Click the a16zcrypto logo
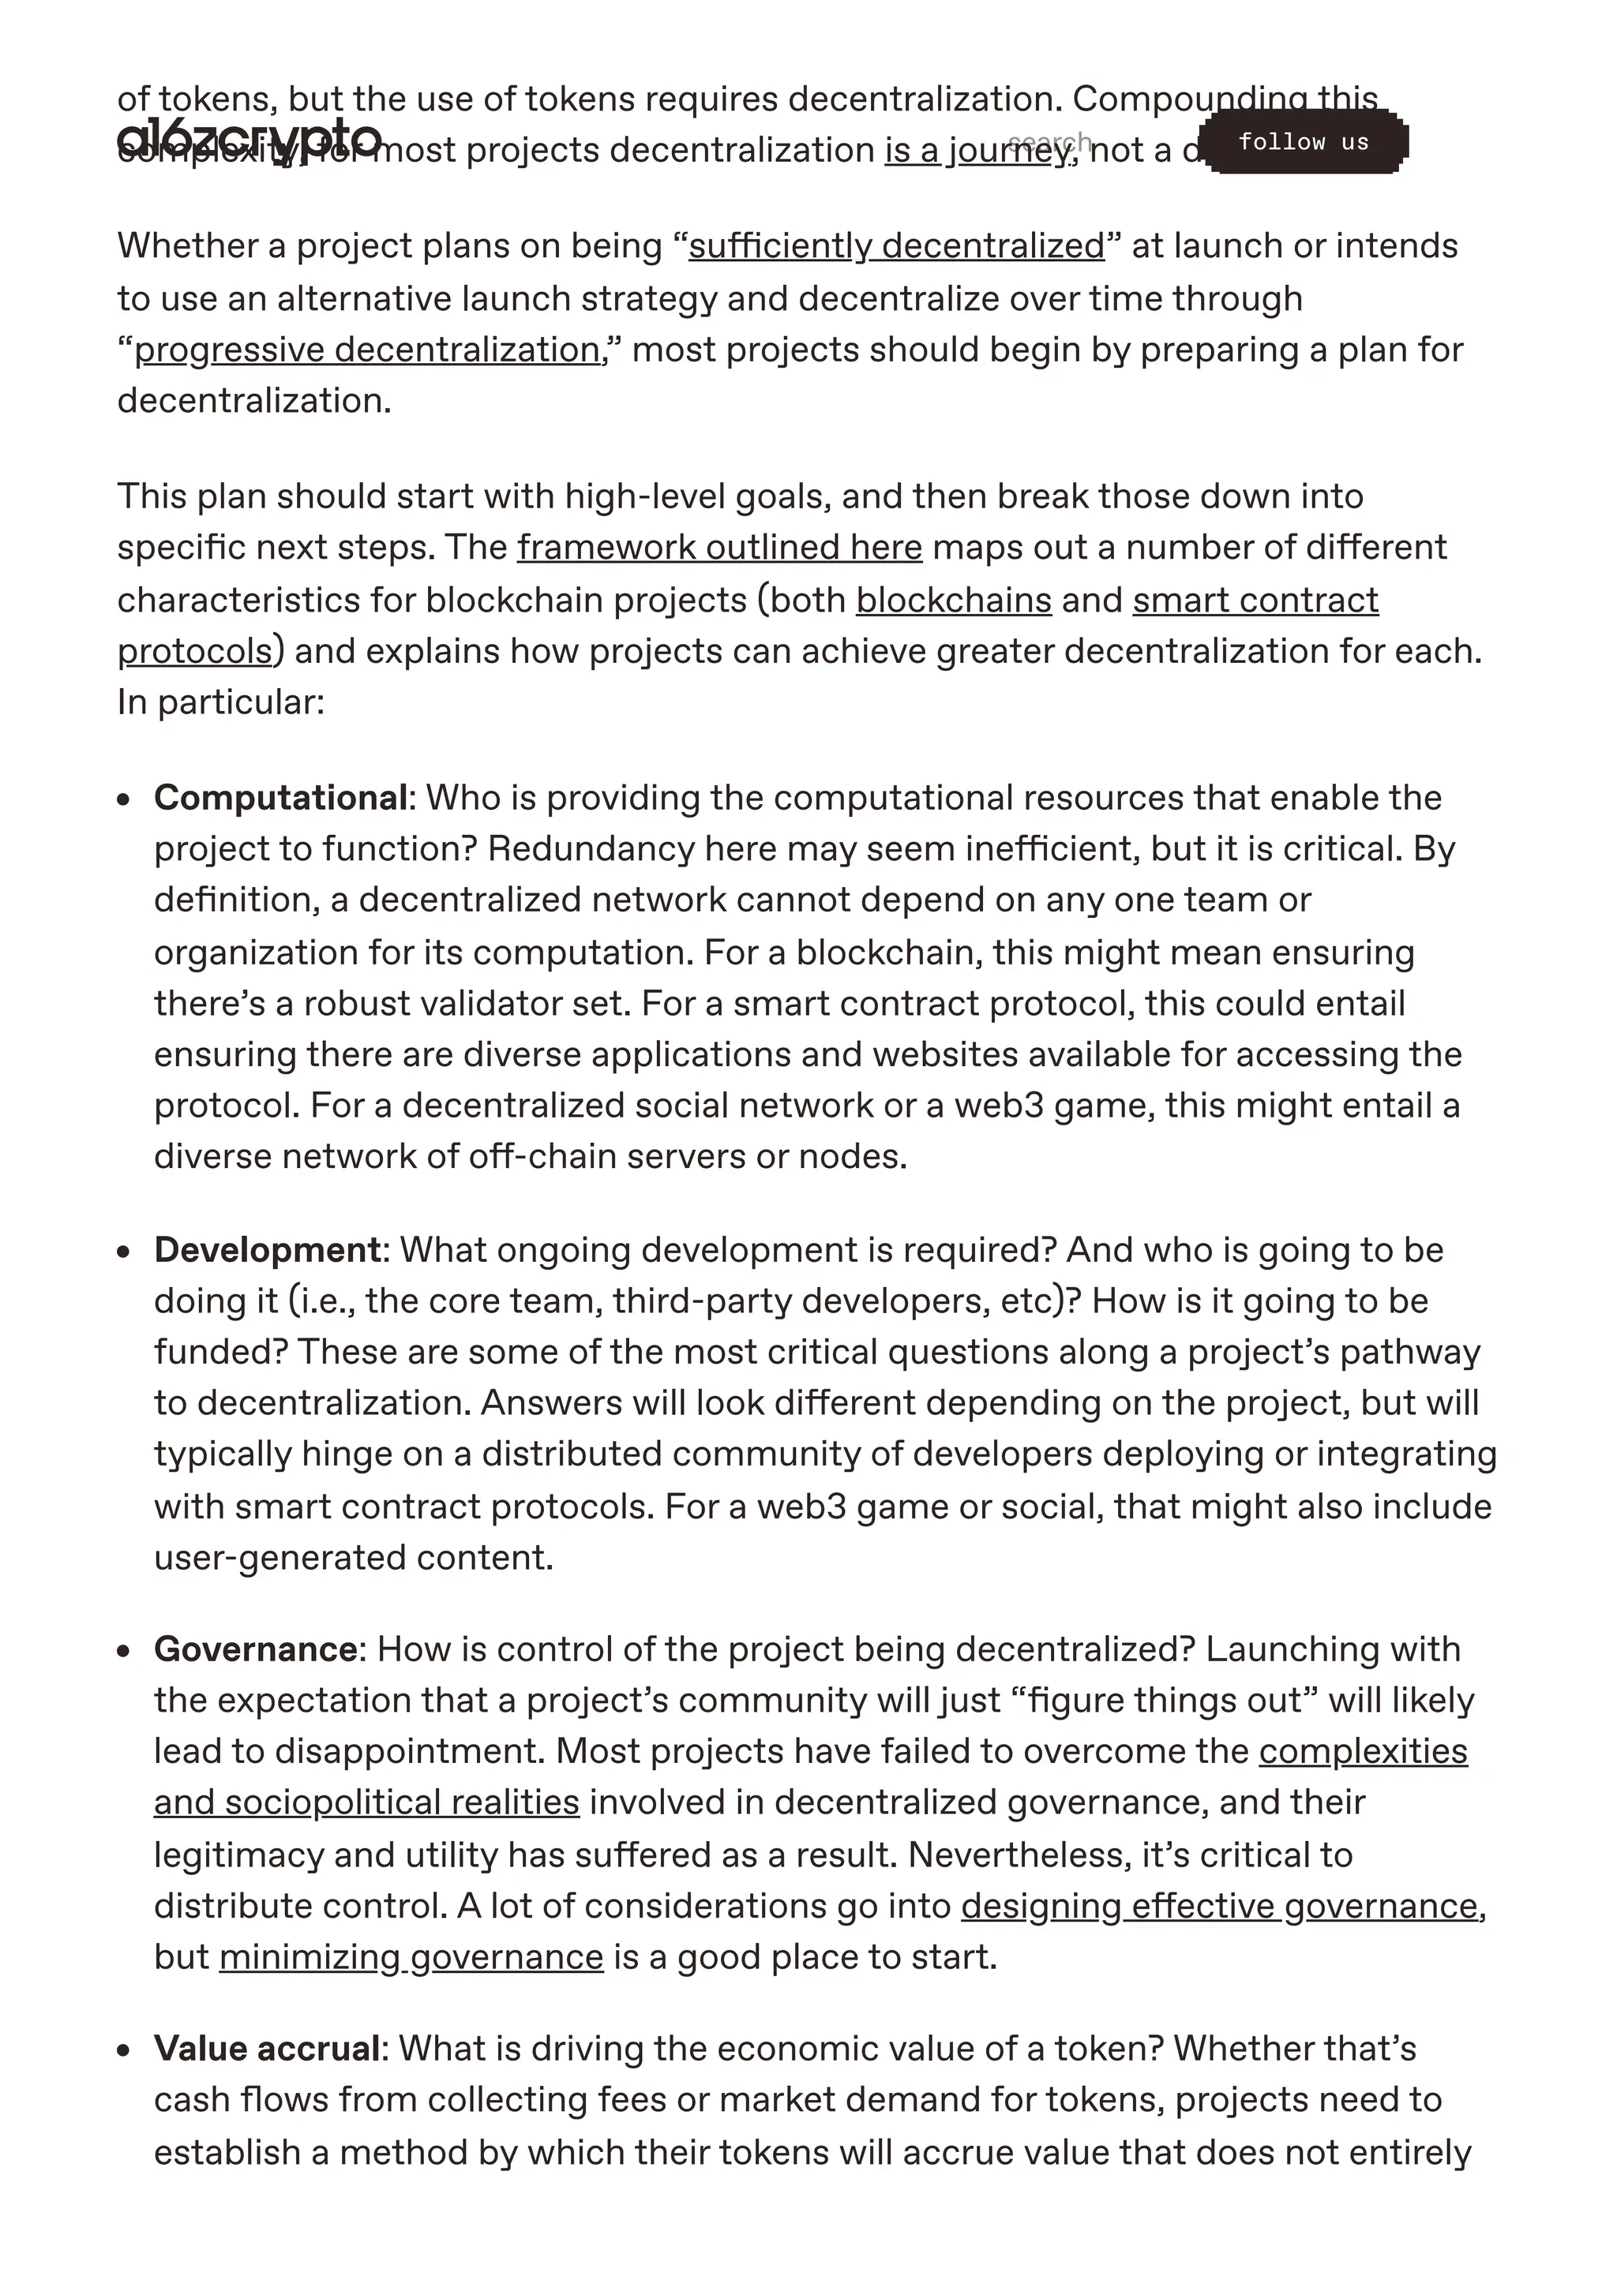[249, 137]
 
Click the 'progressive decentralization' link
[366, 350]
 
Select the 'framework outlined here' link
[719, 547]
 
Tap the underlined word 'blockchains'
[954, 600]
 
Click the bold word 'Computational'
[280, 797]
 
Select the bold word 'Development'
[267, 1249]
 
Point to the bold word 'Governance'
[255, 1649]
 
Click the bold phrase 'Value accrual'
[266, 2048]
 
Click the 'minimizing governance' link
[411, 1956]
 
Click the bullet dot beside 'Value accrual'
[123, 2050]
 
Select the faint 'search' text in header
[1049, 141]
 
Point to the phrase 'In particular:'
[220, 702]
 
